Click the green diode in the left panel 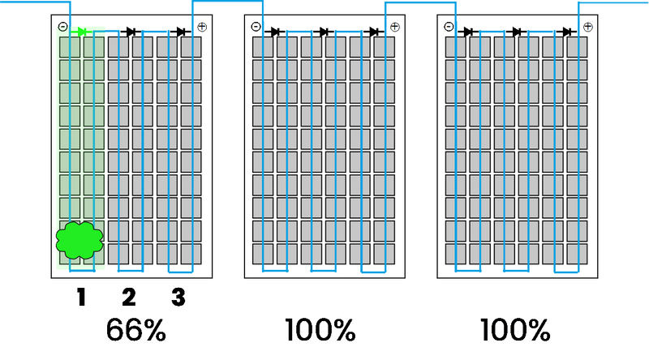(x=82, y=32)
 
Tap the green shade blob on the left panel (x=80, y=241)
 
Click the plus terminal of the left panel (x=201, y=28)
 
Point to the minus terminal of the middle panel (x=256, y=28)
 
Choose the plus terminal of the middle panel (x=394, y=28)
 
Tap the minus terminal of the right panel (x=449, y=28)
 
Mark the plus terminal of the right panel (x=587, y=28)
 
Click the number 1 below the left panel (x=80, y=298)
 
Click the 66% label (x=136, y=331)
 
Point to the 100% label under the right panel (x=514, y=331)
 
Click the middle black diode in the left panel (x=131, y=32)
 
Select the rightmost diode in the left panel (x=181, y=32)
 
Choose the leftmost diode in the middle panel (x=275, y=32)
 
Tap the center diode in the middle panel (x=324, y=32)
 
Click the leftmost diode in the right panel (x=468, y=32)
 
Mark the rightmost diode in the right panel (x=567, y=32)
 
